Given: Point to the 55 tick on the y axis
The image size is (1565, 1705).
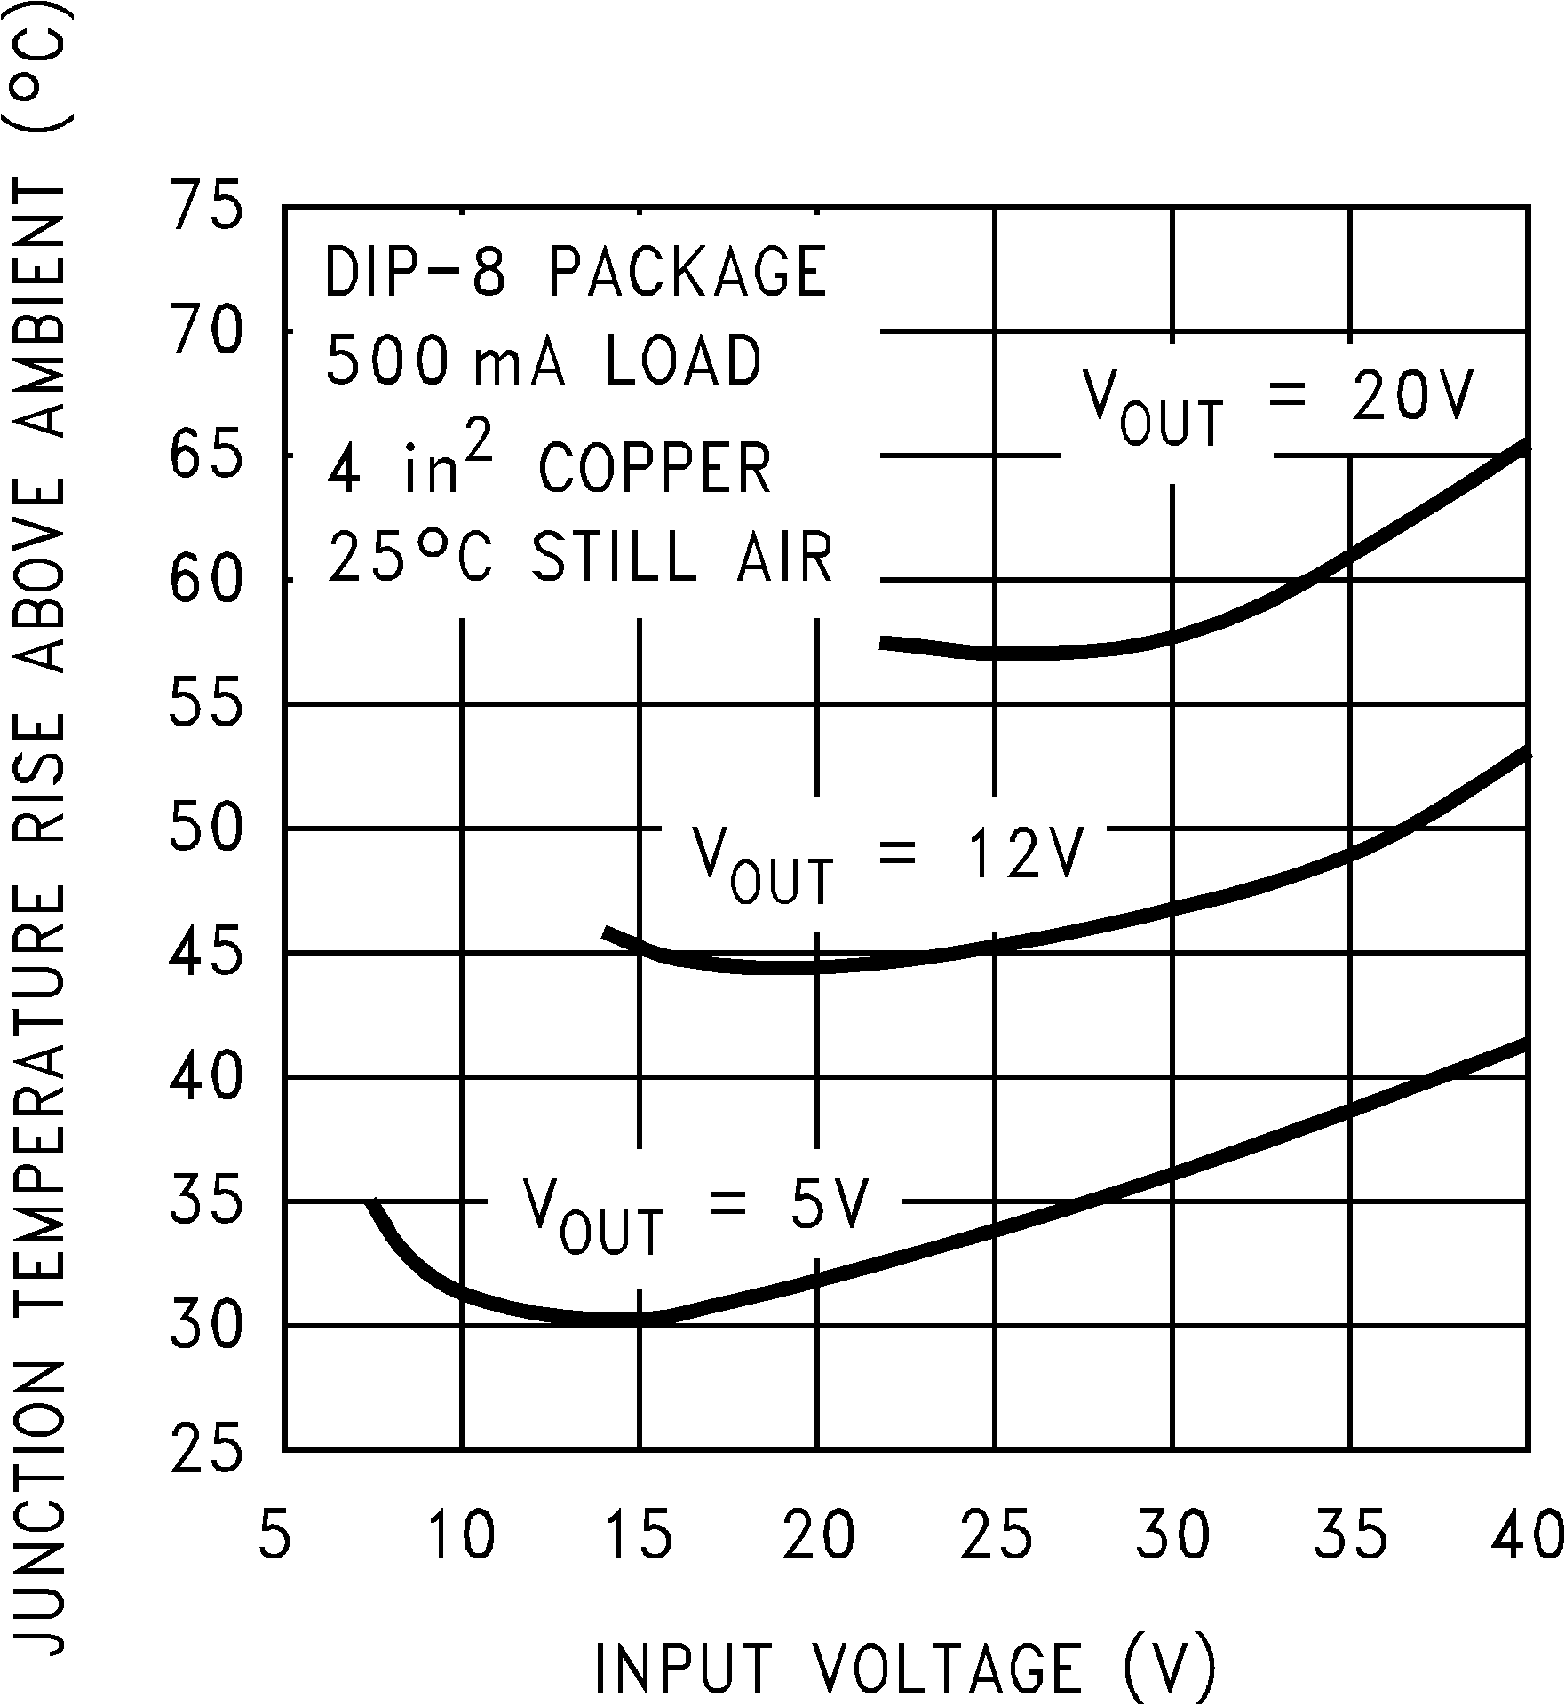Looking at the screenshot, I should tap(205, 705).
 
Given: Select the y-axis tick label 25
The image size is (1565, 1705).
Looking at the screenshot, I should tap(205, 1451).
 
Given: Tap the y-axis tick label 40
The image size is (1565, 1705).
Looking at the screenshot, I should tap(205, 1078).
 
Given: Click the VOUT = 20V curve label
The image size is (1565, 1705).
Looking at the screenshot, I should tap(1277, 405).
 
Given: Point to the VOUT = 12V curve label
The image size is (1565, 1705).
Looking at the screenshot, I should tap(887, 863).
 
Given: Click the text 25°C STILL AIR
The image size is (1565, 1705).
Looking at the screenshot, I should tap(581, 558).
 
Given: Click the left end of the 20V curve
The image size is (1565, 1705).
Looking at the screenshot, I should tap(882, 642).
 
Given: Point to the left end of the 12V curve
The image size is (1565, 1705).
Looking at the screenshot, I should tap(606, 932).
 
